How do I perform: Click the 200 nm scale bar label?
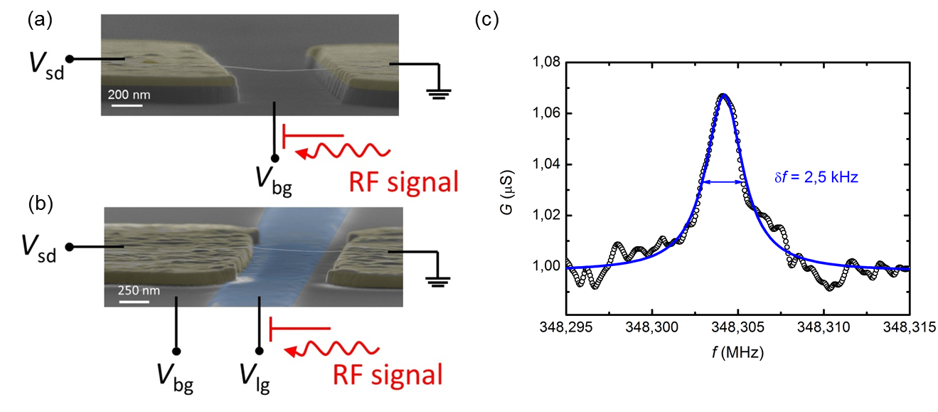129,94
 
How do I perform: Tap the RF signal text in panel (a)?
403,182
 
